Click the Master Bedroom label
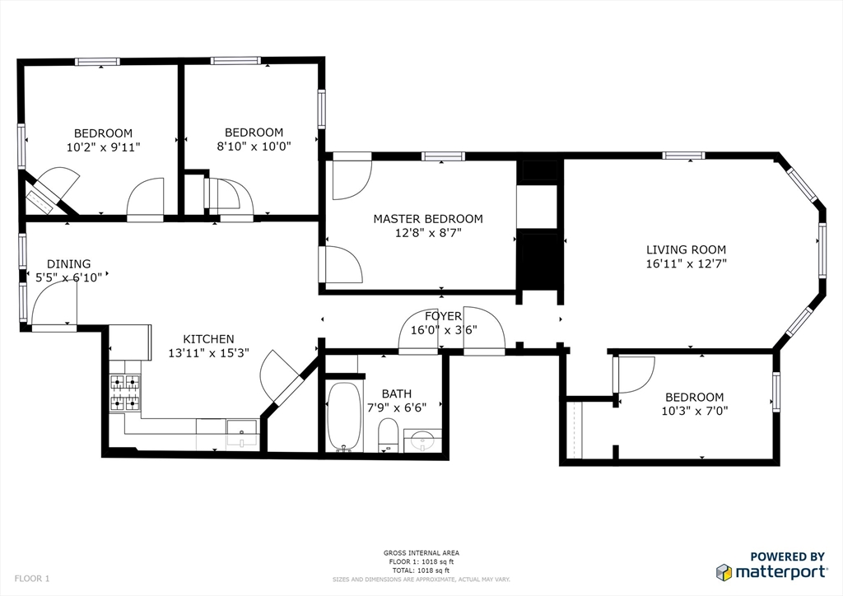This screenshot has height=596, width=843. pos(428,219)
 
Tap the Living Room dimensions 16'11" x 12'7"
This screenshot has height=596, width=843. pos(686,264)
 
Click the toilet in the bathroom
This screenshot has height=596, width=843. pos(388,435)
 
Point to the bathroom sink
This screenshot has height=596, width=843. pos(423,440)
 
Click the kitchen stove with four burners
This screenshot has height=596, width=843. pos(124,392)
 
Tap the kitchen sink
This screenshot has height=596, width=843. pos(241,432)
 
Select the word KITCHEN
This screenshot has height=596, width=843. pos(208,339)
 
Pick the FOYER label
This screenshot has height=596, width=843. pos(443,316)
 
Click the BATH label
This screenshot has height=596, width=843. pos(397,394)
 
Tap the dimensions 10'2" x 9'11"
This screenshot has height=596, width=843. pos(103,147)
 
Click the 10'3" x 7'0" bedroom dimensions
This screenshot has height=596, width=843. pos(694,411)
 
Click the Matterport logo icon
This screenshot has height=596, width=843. pos(724,572)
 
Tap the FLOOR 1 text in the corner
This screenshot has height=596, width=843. pos(32,579)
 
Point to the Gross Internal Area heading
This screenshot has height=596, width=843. pos(421,553)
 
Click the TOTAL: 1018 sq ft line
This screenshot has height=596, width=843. pos(421,570)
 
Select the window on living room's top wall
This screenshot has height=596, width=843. pos(683,156)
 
